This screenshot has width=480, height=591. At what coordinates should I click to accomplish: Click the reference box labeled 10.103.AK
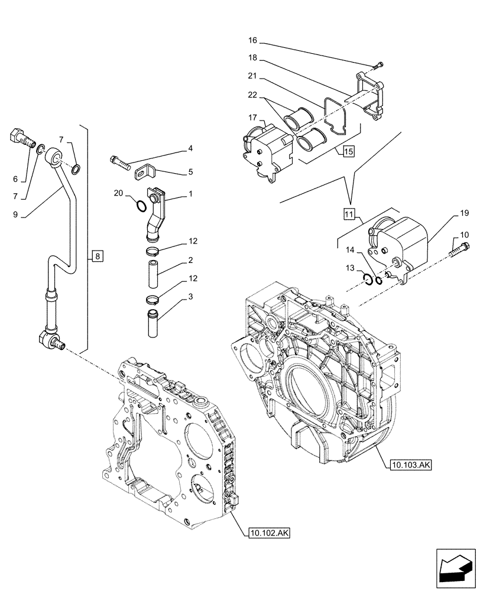point(411,465)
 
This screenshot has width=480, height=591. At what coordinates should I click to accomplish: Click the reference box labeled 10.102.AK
point(270,532)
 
